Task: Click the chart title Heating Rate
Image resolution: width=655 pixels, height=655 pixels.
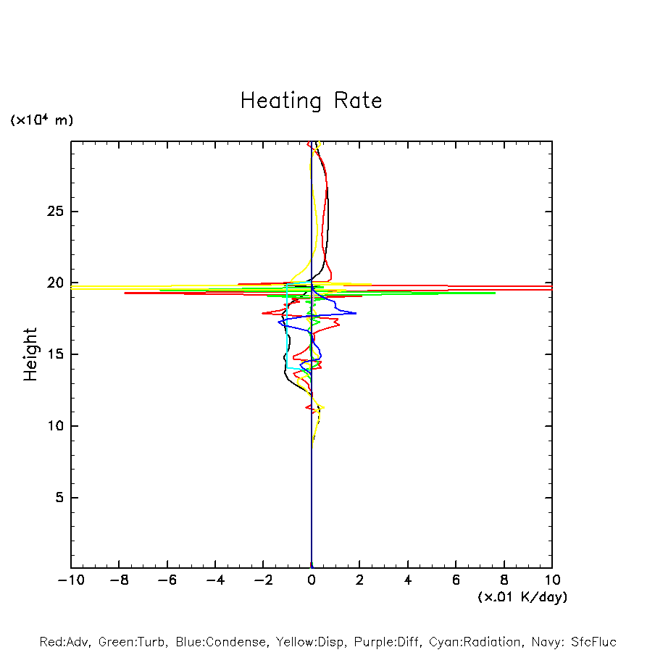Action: (311, 101)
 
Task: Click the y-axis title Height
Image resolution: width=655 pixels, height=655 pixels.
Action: (30, 354)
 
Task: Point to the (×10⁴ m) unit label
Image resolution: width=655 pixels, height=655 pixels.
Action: (41, 120)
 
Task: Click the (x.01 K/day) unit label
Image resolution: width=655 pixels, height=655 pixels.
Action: (522, 596)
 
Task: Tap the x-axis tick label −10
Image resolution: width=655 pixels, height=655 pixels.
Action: (71, 580)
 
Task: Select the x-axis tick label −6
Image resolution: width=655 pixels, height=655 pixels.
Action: (167, 580)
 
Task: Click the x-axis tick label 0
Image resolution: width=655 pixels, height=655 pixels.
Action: (312, 580)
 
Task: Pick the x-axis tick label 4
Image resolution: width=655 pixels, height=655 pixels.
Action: (408, 580)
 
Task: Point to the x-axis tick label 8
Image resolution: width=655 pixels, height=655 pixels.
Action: (504, 580)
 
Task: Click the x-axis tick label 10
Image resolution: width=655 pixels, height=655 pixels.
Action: (552, 580)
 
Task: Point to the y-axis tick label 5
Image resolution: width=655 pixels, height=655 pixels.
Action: (57, 498)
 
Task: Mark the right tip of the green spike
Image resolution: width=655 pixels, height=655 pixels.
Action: (496, 293)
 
